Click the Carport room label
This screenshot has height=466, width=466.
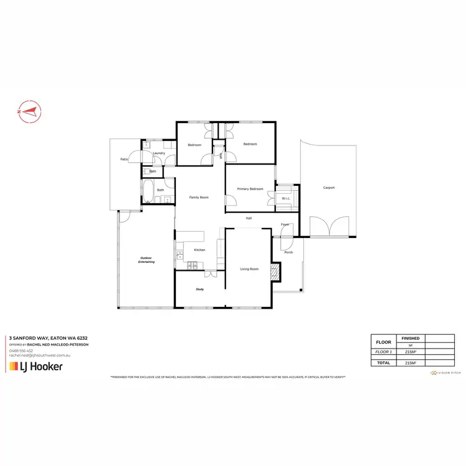tap(329, 187)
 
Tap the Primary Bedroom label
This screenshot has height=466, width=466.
tap(250, 189)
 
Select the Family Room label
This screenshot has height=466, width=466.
tap(199, 197)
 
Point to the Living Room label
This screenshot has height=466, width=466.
tap(250, 269)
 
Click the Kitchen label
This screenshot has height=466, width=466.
tap(199, 250)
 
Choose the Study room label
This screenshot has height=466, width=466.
tap(200, 290)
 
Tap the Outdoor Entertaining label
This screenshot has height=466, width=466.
tap(146, 260)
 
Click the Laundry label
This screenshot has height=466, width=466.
tap(158, 153)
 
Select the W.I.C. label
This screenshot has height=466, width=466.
tap(286, 199)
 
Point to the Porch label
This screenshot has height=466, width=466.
tap(288, 252)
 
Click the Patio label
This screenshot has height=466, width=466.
tap(124, 160)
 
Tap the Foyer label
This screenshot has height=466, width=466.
tap(285, 224)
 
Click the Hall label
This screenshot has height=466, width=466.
tap(249, 218)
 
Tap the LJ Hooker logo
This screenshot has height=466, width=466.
tap(35, 367)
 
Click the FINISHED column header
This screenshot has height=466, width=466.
tap(411, 338)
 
